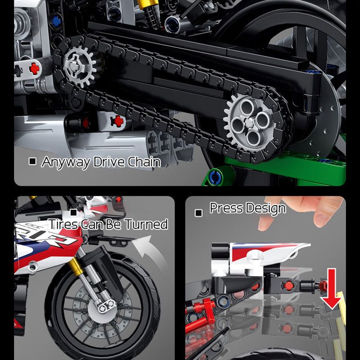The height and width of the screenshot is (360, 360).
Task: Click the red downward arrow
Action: (332, 292)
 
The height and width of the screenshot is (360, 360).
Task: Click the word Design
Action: (266, 209)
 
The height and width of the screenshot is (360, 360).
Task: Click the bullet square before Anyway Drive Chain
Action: (32, 161)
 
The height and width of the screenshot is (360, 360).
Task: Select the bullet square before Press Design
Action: (198, 213)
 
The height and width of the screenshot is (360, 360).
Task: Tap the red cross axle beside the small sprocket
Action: (34, 68)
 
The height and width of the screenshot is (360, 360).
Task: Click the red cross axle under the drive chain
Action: (118, 121)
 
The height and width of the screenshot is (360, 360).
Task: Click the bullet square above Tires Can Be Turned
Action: (74, 213)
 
